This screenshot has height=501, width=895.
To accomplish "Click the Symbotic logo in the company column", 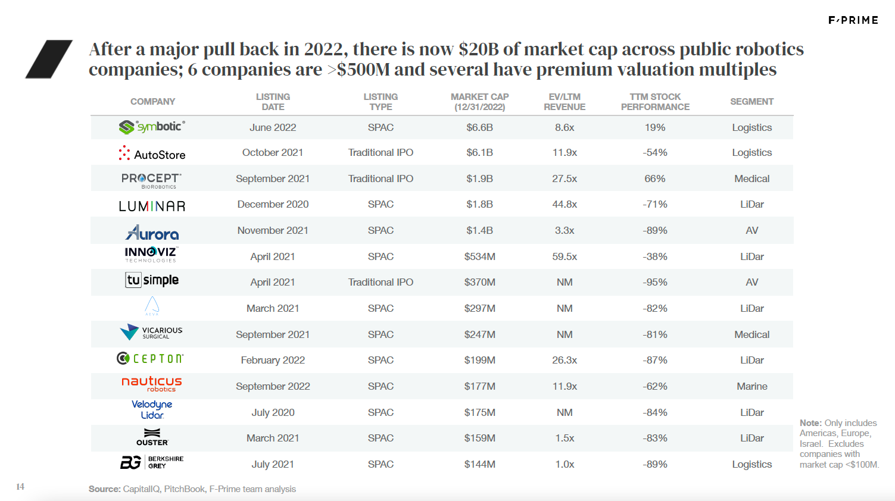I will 152,127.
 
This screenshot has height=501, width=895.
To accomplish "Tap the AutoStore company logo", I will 152,154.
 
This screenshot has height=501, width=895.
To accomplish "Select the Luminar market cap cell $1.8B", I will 479,204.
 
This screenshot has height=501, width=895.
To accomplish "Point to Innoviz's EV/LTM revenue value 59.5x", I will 565,256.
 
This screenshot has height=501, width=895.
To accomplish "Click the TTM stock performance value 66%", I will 654,179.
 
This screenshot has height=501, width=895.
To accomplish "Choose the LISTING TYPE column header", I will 381,102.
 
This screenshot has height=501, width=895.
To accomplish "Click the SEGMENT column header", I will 751,102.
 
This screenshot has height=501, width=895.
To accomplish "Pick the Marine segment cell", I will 751,386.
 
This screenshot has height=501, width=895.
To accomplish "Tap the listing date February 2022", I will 273,360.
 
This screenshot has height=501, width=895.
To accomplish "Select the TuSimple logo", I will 152,280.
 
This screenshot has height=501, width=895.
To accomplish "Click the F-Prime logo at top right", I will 853,20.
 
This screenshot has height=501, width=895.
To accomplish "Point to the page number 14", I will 20,487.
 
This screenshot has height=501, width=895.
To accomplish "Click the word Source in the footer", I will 104,489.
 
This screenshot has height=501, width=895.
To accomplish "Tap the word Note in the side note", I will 810,423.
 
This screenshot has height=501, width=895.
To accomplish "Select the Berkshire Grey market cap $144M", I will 479,464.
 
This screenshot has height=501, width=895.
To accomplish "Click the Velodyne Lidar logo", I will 152,409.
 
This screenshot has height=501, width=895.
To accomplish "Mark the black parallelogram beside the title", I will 48,59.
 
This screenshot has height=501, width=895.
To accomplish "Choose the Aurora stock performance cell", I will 654,230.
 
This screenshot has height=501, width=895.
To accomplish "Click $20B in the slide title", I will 479,49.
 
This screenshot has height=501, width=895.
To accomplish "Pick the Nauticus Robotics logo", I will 152,384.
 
